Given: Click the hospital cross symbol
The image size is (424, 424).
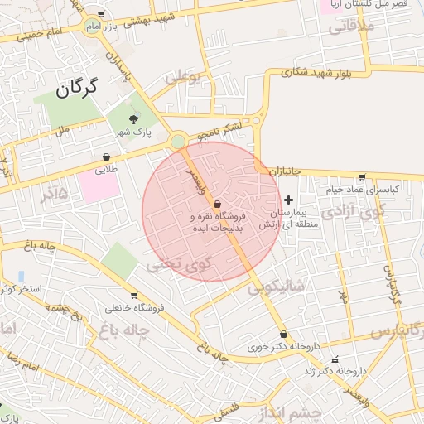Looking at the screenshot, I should pos(288,200).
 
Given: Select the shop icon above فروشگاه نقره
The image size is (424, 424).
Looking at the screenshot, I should pos(217,203).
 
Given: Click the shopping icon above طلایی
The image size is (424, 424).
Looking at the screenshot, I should pos(107,157).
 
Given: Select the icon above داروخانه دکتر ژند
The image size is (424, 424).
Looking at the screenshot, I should pos(335,359).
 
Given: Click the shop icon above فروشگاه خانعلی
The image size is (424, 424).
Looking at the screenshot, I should pos(134,295).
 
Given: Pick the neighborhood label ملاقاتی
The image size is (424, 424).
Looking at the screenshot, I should pos(352,26).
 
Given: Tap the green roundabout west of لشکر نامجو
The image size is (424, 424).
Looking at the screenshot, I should pos(177,142).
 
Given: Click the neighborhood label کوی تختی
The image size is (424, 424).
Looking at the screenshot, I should pos(179,265).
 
